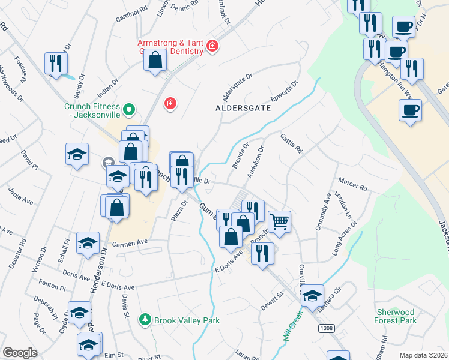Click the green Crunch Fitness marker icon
click(128, 110)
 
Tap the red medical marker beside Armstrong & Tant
click(212, 46)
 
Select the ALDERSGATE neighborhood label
click(243, 109)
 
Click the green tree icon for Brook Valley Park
click(144, 320)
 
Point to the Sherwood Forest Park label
click(396, 316)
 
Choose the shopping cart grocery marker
click(279, 221)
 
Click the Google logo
click(20, 353)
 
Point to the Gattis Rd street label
click(291, 144)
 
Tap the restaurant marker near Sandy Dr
click(56, 63)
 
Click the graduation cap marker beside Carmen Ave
click(88, 244)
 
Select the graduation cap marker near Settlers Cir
click(312, 296)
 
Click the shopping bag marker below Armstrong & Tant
click(155, 61)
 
